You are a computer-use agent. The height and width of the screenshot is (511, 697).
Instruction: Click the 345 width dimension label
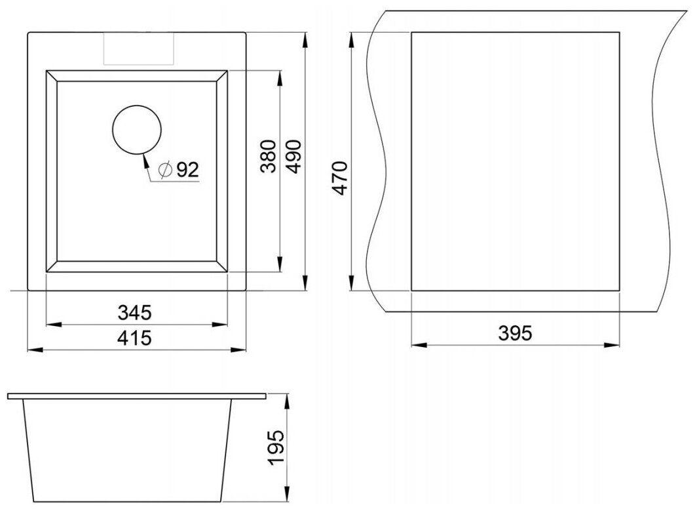(x=135, y=313)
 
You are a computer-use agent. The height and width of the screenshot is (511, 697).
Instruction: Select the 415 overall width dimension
(x=135, y=338)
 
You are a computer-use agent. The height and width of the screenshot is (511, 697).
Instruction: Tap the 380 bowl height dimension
(x=269, y=156)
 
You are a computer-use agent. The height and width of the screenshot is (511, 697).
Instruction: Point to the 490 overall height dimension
(x=293, y=156)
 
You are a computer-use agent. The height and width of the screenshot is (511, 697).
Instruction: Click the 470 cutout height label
(x=341, y=178)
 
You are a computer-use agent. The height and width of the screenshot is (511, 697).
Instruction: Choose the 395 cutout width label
(x=515, y=333)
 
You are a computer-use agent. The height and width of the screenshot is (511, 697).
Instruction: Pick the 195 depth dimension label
(x=276, y=448)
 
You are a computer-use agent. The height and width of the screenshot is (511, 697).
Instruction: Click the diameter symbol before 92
(x=165, y=170)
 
